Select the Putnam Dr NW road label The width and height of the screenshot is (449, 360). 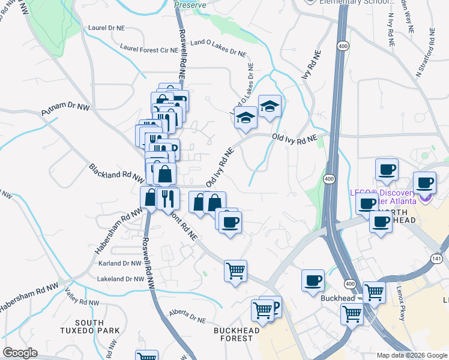tap(65, 109)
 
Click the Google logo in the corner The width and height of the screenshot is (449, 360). tap(20, 353)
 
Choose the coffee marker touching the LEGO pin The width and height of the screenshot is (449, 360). tap(425, 182)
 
